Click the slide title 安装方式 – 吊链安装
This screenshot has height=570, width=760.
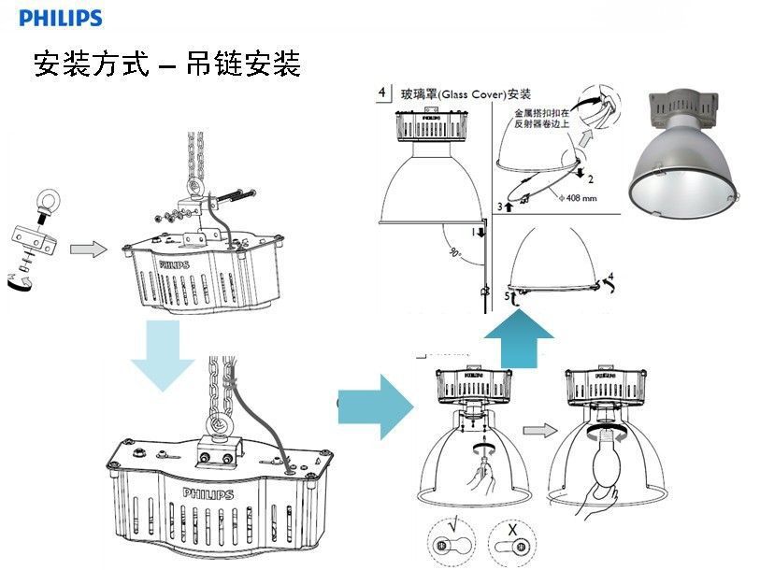166,64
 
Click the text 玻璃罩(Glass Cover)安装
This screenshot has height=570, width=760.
466,94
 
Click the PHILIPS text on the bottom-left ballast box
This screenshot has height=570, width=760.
208,493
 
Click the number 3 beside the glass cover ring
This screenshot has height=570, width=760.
500,206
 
